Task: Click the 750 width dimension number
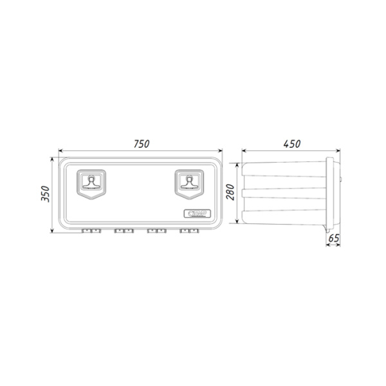[x=142, y=144]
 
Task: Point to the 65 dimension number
[x=333, y=238]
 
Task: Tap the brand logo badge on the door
[x=196, y=214]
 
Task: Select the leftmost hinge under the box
[x=91, y=230]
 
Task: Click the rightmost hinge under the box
[x=188, y=230]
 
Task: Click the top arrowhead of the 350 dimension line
[x=53, y=158]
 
